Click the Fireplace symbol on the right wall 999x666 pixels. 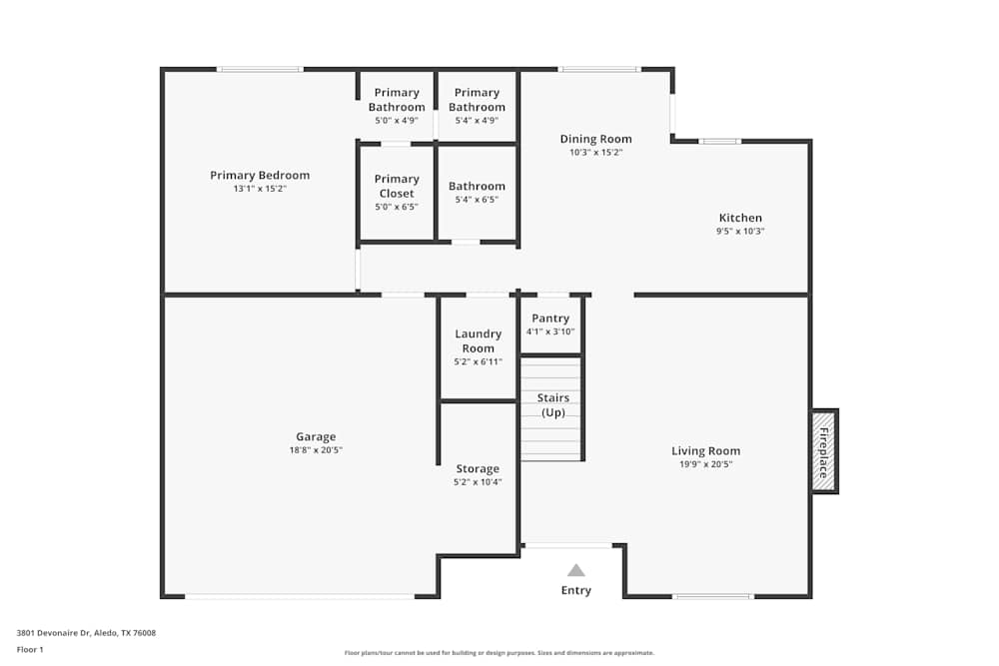824,451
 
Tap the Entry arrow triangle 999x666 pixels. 576,570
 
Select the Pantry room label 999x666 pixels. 550,319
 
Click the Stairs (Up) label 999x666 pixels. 553,405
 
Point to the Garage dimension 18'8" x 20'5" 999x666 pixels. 316,450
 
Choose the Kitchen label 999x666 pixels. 740,218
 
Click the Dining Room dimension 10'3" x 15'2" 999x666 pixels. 595,152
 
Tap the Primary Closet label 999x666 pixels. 397,186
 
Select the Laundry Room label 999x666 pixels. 478,340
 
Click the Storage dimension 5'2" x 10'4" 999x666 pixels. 478,482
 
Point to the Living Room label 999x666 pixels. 706,450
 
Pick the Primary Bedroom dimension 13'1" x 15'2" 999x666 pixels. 260,189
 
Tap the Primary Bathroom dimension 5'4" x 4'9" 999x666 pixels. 477,121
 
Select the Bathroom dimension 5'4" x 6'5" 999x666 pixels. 477,200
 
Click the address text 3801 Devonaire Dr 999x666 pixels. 54,633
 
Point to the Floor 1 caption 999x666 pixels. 30,649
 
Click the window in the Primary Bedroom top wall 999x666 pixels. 260,69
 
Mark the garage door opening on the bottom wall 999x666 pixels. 300,596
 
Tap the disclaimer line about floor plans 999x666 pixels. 499,653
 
